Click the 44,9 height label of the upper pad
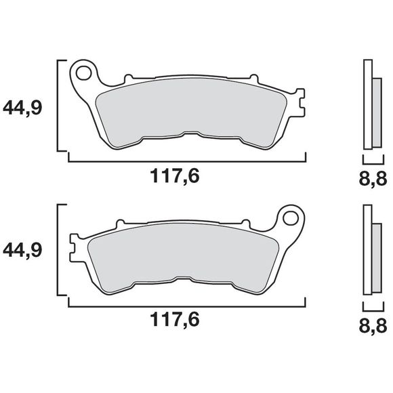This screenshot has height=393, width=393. click(x=24, y=107)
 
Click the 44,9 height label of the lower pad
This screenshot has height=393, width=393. click(x=24, y=251)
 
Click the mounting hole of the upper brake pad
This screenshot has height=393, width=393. click(x=85, y=70)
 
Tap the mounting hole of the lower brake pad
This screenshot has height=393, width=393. click(x=291, y=218)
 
